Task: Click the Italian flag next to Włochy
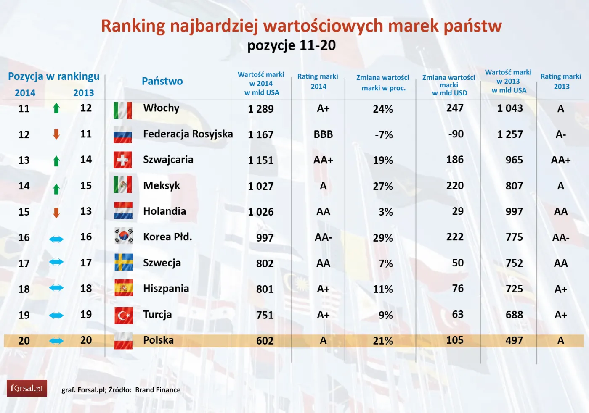click(123, 110)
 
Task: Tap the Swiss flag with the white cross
click(123, 160)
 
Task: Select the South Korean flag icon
click(124, 236)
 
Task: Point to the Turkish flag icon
click(124, 315)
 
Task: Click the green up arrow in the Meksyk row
click(56, 189)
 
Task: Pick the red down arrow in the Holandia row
click(56, 213)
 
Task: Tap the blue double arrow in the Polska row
click(56, 341)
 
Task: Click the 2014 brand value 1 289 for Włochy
click(261, 109)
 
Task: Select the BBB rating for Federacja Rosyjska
click(323, 134)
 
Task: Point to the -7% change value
click(384, 135)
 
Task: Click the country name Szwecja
click(162, 263)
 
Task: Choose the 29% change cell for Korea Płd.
click(383, 238)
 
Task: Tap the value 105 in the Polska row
click(455, 340)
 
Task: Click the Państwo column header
click(162, 81)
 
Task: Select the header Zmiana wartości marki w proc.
click(383, 83)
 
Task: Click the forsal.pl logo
click(27, 388)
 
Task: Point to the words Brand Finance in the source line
click(158, 390)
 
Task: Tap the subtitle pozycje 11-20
click(292, 45)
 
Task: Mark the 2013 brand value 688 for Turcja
click(514, 315)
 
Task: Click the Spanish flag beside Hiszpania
click(124, 288)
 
